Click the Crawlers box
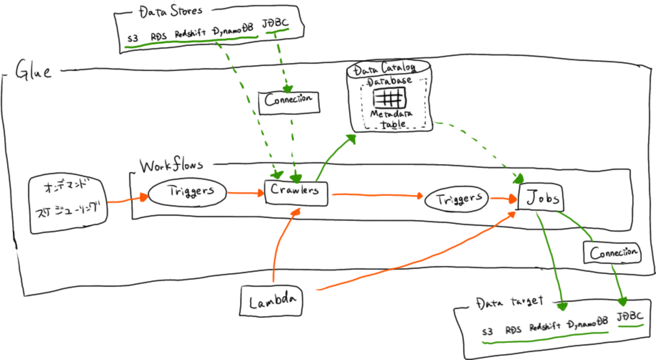(296, 192)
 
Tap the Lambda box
(271, 302)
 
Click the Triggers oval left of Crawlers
(188, 192)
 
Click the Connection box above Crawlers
(289, 100)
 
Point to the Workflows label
(171, 166)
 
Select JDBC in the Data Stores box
(275, 24)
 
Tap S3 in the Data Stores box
(133, 38)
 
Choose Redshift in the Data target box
(545, 327)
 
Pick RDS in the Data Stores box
(158, 37)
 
